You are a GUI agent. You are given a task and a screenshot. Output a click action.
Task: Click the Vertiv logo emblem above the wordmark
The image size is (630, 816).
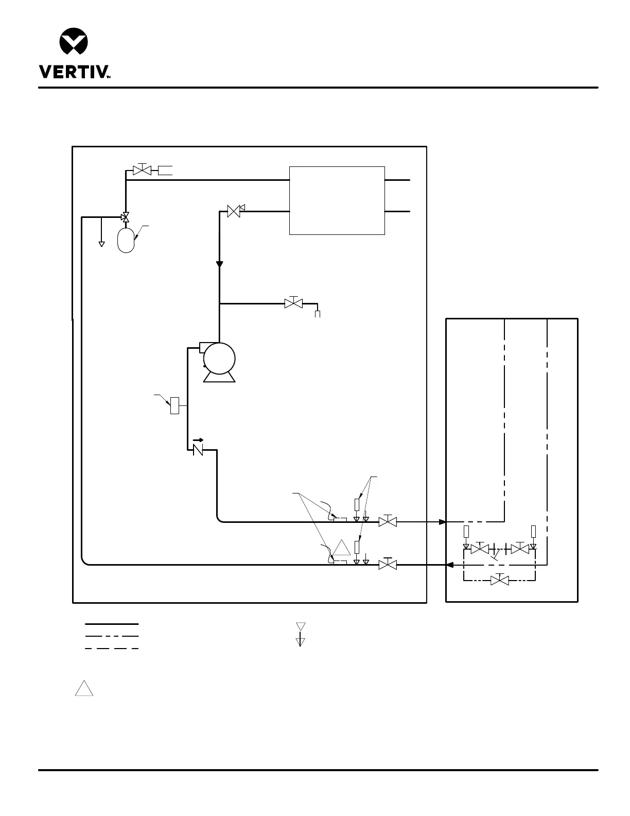(74, 41)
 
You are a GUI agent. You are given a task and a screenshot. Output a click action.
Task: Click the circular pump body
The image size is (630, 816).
(219, 358)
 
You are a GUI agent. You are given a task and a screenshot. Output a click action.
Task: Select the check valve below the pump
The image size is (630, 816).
(198, 450)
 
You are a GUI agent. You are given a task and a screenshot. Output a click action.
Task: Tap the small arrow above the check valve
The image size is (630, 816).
(198, 440)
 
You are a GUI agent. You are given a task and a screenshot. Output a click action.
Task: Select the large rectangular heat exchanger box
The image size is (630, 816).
(337, 200)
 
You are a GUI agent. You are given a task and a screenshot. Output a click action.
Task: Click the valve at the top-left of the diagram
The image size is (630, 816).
(142, 170)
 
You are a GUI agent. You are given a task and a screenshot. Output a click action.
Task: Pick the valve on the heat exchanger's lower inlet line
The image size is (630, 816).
(234, 211)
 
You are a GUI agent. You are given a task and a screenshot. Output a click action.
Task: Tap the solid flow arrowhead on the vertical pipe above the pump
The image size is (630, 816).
(219, 264)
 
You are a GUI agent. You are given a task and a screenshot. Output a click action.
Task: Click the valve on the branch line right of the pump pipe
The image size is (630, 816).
(293, 303)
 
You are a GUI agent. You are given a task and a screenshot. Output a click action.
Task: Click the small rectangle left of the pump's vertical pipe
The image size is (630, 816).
(175, 405)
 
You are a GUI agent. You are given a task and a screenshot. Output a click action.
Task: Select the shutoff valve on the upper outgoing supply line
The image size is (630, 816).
(387, 521)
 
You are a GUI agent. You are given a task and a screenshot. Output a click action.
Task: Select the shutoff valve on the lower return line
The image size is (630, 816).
(387, 565)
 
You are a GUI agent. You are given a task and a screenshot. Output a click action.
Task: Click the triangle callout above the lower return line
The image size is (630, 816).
(341, 549)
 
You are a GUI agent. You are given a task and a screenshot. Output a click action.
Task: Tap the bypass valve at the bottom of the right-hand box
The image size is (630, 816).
(499, 581)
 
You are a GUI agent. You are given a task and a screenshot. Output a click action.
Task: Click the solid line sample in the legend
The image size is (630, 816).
(112, 624)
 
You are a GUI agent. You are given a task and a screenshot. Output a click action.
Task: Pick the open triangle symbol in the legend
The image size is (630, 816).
(301, 626)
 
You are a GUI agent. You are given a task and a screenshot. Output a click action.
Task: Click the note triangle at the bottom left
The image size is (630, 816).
(84, 689)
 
